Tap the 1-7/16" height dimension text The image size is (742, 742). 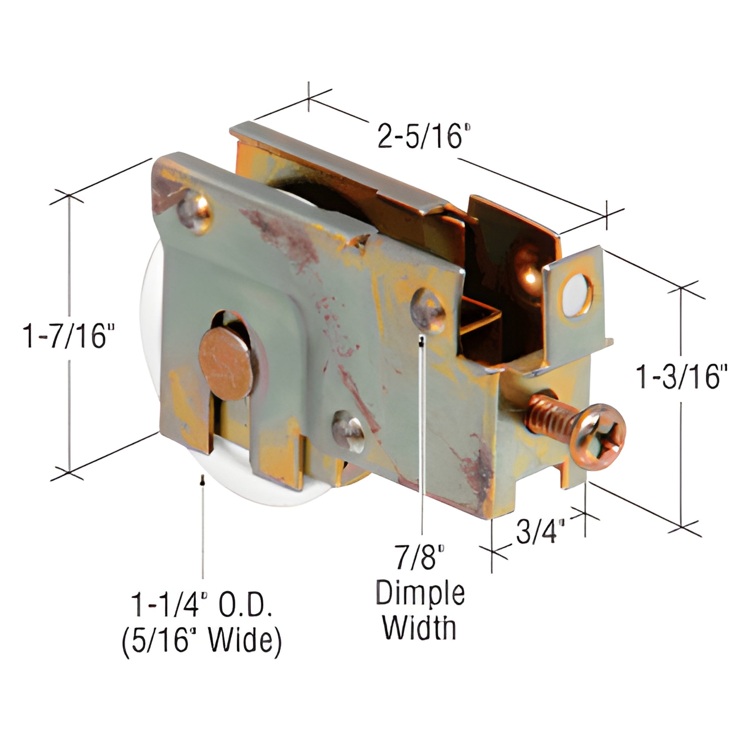pos(69,336)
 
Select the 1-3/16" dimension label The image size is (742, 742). pos(681,376)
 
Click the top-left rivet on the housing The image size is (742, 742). pos(195,213)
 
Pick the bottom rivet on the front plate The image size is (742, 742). pos(348,430)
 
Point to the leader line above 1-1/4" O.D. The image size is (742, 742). pos(202,526)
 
